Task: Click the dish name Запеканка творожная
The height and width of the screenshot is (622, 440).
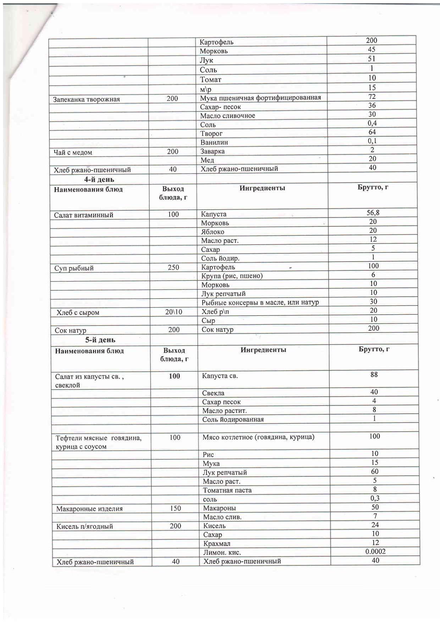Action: click(86, 99)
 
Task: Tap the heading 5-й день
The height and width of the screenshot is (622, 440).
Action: click(100, 340)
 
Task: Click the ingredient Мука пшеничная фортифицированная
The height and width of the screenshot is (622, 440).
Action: click(260, 98)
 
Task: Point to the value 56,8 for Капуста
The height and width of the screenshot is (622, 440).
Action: click(373, 213)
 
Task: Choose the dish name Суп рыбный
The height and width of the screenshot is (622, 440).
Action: click(74, 268)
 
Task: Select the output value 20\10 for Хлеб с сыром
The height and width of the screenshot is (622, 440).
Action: click(174, 312)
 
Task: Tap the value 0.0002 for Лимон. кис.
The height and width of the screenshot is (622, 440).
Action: click(375, 551)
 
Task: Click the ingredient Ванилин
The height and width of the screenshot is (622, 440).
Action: click(214, 142)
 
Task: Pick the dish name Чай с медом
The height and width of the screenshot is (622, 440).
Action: click(73, 152)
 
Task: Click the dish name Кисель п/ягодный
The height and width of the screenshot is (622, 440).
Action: click(84, 526)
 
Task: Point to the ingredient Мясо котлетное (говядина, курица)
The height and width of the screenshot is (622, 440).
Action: click(258, 437)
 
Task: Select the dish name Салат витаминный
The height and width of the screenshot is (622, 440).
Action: click(83, 215)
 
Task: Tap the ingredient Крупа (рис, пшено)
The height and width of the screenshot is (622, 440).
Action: click(232, 276)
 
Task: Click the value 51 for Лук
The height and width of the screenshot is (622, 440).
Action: click(372, 58)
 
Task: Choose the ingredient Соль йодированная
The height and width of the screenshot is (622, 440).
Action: click(233, 420)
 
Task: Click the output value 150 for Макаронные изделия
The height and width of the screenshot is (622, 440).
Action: click(175, 508)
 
